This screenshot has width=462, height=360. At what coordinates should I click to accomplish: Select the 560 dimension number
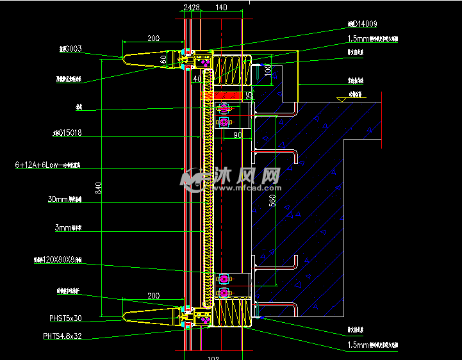[x=272, y=201]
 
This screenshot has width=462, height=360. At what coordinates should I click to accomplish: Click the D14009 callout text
[x=363, y=24]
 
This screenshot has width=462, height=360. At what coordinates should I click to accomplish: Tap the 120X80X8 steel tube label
[x=57, y=260]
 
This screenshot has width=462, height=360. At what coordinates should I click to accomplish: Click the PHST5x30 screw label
[x=65, y=318]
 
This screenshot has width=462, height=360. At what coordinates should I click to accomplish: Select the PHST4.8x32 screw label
[x=62, y=336]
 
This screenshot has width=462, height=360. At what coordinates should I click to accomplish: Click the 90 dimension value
[x=237, y=135]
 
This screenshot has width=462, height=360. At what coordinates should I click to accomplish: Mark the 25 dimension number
[x=248, y=95]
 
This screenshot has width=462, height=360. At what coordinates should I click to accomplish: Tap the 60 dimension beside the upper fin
[x=163, y=59]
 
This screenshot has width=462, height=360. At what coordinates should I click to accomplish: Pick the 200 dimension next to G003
[x=153, y=38]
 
